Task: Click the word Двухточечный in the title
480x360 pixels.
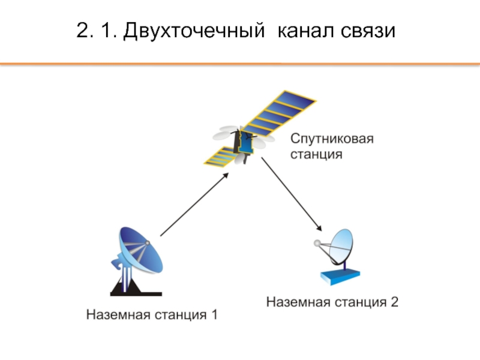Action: [194, 31]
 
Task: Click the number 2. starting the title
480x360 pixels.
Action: [85, 31]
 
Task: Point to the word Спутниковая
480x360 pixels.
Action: [332, 139]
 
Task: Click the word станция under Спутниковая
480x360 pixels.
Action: [316, 154]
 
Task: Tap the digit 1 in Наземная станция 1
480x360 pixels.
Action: [214, 314]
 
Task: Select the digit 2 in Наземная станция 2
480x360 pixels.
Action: [394, 302]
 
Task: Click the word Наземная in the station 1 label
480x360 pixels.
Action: [118, 314]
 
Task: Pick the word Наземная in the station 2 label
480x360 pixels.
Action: [298, 302]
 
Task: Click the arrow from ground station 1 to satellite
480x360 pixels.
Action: [194, 205]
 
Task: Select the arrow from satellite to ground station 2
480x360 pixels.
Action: [292, 194]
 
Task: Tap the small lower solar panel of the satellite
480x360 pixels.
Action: [221, 157]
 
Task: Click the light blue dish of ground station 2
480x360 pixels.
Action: [341, 245]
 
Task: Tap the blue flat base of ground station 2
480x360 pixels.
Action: [340, 276]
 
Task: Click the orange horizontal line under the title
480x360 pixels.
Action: [240, 64]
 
